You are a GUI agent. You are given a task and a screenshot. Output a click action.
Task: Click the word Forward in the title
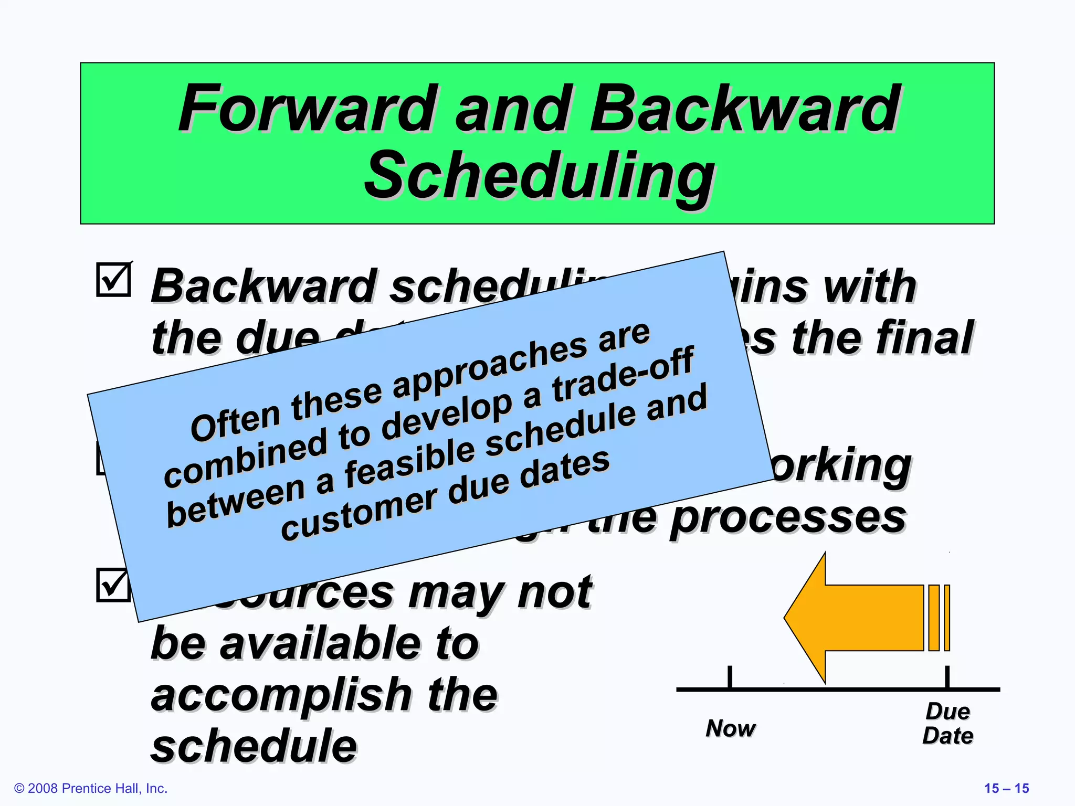[307, 109]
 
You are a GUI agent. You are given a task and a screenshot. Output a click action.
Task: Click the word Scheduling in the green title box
[539, 176]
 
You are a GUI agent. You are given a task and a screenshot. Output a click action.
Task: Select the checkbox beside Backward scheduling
[113, 280]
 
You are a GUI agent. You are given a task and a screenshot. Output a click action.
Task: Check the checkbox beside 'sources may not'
[112, 585]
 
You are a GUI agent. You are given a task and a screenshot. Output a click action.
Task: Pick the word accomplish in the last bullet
[281, 695]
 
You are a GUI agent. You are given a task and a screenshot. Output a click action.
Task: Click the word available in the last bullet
[321, 644]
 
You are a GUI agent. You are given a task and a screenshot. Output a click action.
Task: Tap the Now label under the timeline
[730, 728]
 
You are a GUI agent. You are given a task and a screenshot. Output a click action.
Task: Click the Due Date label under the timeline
[947, 724]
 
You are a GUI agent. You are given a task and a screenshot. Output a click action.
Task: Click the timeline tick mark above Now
[730, 677]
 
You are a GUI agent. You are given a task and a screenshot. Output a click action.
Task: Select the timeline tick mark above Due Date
[947, 677]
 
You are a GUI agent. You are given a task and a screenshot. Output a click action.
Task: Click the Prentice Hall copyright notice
[91, 788]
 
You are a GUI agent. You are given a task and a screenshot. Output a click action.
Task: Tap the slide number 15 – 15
[1006, 788]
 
